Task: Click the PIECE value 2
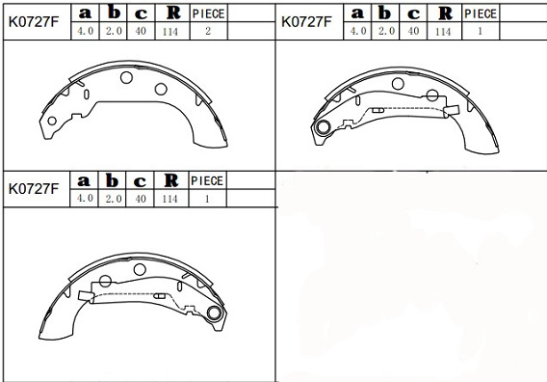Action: tap(208, 31)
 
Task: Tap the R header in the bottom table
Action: tap(169, 181)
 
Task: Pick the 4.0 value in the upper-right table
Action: tap(358, 31)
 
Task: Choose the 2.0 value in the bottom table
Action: tap(112, 198)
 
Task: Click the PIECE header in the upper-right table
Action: tap(481, 14)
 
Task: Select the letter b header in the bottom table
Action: tap(112, 181)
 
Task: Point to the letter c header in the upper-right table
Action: tap(414, 14)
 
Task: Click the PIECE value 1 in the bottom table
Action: tap(208, 198)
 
